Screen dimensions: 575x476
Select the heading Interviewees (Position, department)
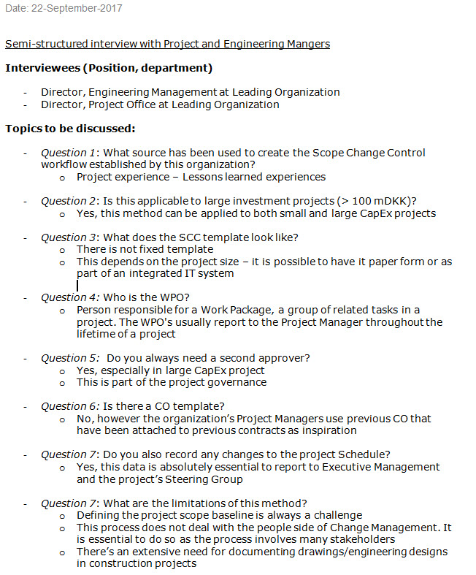109,68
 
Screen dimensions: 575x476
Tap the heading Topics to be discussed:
70,129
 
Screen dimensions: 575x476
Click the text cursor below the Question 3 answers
77,286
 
